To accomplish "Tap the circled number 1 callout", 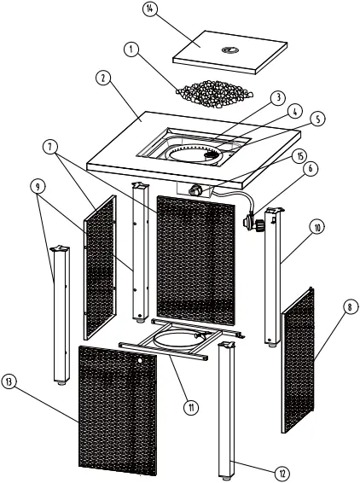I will (x=130, y=50).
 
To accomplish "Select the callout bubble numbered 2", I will (x=102, y=78).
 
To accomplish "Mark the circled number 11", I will (x=191, y=407).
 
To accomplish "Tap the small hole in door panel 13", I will (x=142, y=361).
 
